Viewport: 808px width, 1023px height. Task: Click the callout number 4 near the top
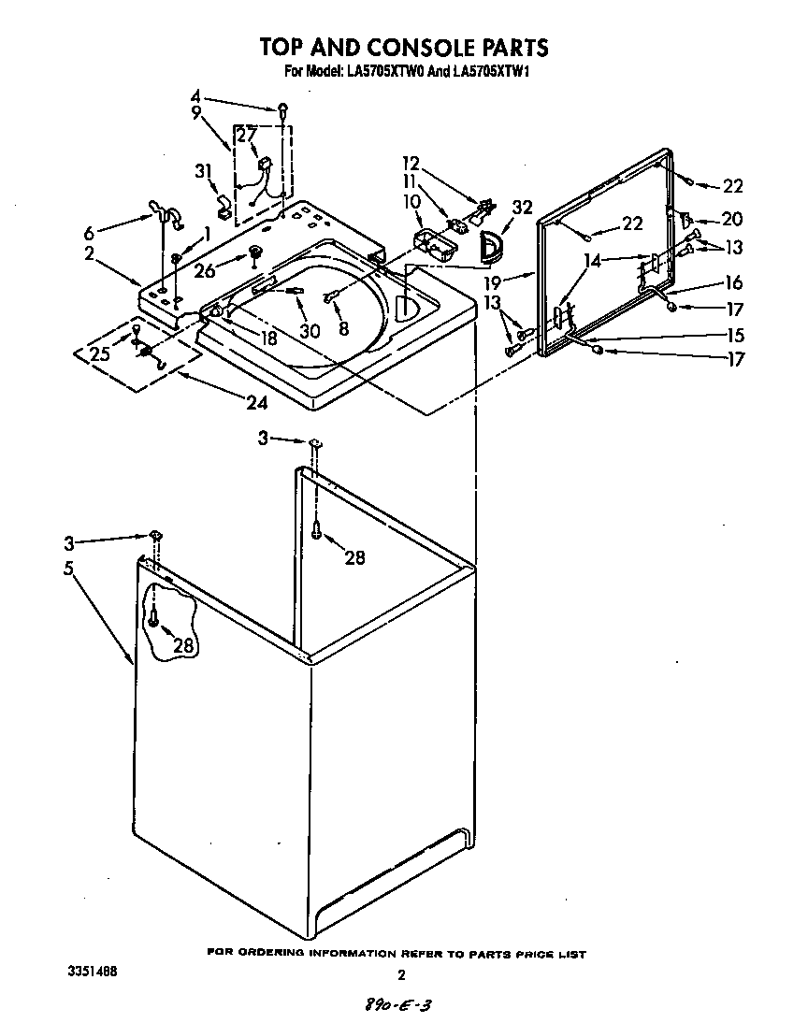pyautogui.click(x=195, y=95)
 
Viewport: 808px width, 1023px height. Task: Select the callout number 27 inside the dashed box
pyautogui.click(x=245, y=134)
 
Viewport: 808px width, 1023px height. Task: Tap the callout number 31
pyautogui.click(x=203, y=170)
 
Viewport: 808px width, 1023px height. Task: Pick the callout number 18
pyautogui.click(x=268, y=339)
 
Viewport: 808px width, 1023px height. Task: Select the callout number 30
pyautogui.click(x=309, y=330)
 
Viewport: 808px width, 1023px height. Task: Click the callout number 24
pyautogui.click(x=255, y=403)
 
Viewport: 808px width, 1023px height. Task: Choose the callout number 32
pyautogui.click(x=522, y=208)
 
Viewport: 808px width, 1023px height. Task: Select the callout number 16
pyautogui.click(x=732, y=283)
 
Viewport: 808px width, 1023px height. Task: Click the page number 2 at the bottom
pyautogui.click(x=401, y=975)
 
